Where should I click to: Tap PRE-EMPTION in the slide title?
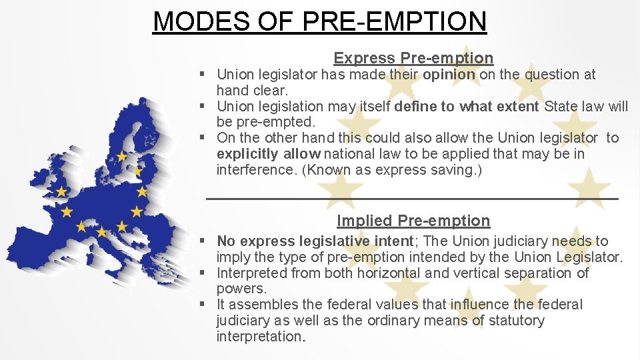395,21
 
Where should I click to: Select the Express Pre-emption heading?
413,58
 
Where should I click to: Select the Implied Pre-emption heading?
413,221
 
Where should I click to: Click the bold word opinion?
449,75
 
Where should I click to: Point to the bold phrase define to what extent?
467,107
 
